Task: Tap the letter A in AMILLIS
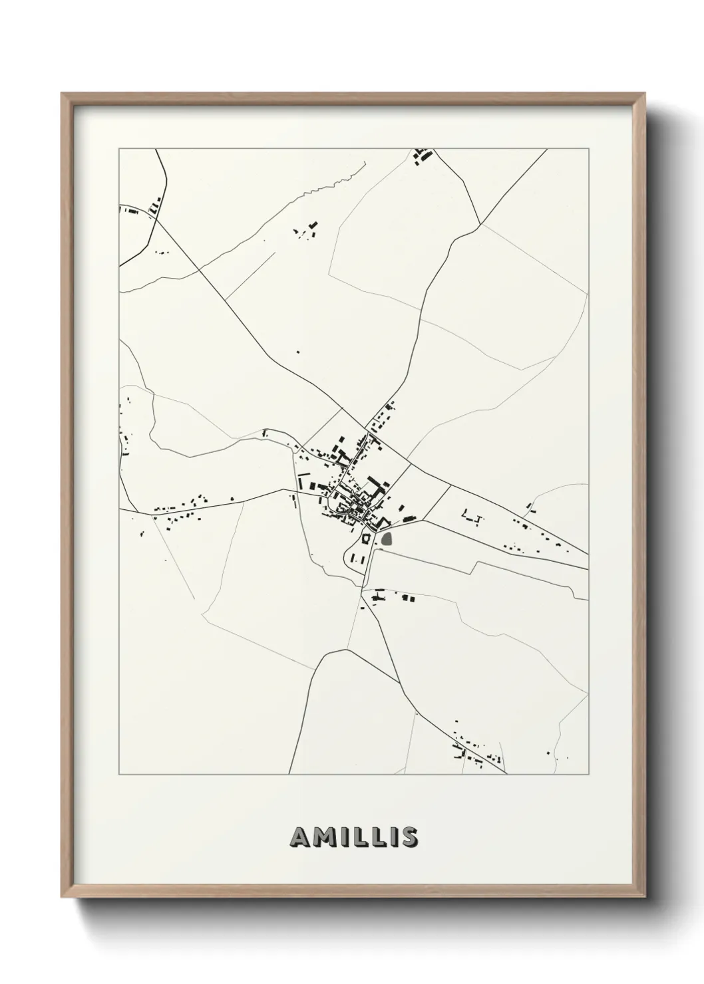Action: click(x=299, y=837)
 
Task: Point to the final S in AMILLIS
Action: click(x=409, y=837)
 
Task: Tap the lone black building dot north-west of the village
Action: click(x=298, y=352)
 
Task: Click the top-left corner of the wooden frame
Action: click(x=63, y=94)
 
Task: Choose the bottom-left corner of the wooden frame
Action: click(x=63, y=895)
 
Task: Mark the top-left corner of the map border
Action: click(x=119, y=149)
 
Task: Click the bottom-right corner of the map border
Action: click(x=588, y=775)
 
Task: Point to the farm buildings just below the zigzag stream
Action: click(x=306, y=231)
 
